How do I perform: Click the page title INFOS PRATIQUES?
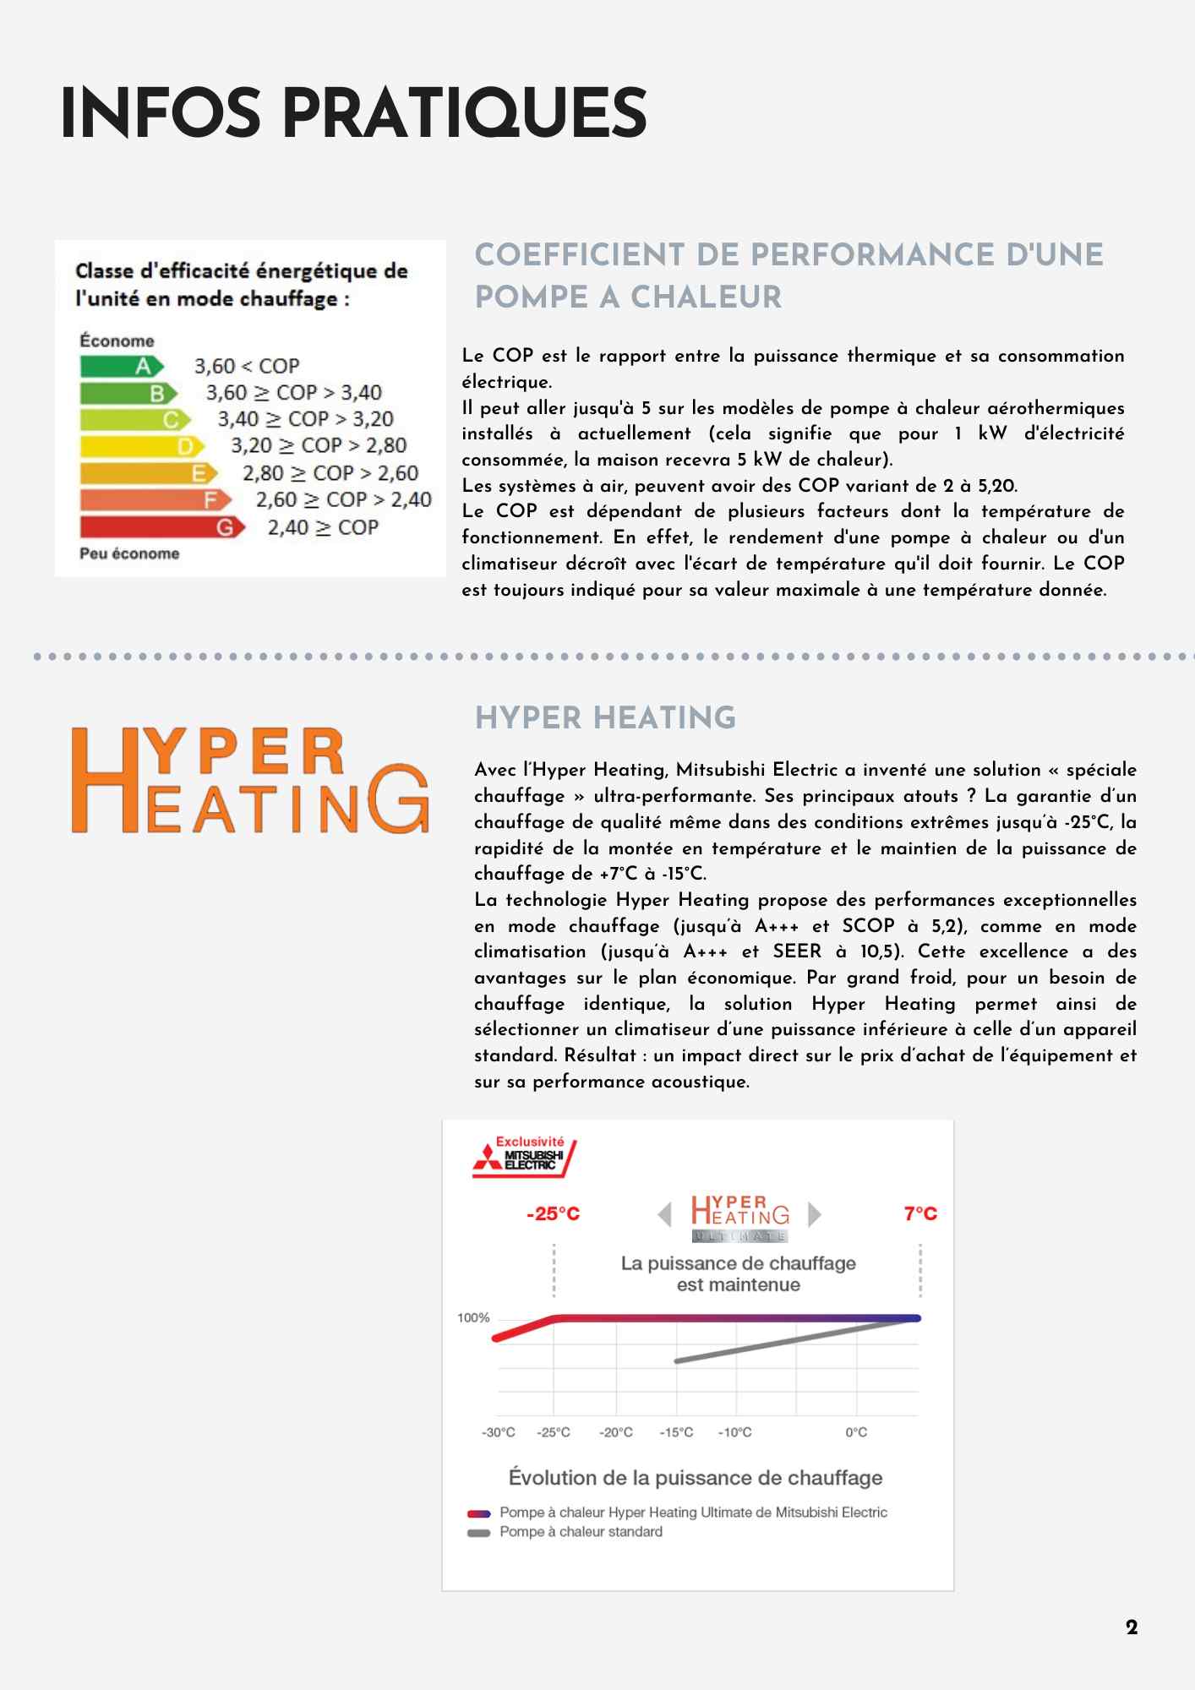[x=353, y=114]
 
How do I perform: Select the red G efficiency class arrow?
[x=161, y=527]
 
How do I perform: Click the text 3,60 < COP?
[x=247, y=367]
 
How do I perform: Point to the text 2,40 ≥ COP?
[x=323, y=527]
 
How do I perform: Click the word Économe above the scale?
[x=117, y=341]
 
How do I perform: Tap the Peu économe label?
[x=129, y=553]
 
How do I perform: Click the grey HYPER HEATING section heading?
[x=605, y=718]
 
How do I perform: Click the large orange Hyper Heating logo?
[x=250, y=781]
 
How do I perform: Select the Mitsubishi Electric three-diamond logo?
[x=487, y=1158]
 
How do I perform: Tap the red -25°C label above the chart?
[x=553, y=1214]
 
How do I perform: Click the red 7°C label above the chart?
[x=920, y=1214]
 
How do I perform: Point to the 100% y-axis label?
[x=473, y=1317]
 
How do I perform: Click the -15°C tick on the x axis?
[x=676, y=1432]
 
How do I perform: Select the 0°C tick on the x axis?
[x=856, y=1432]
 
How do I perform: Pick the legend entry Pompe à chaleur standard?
[x=581, y=1532]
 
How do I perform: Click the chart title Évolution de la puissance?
[x=696, y=1477]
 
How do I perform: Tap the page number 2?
[x=1132, y=1627]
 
